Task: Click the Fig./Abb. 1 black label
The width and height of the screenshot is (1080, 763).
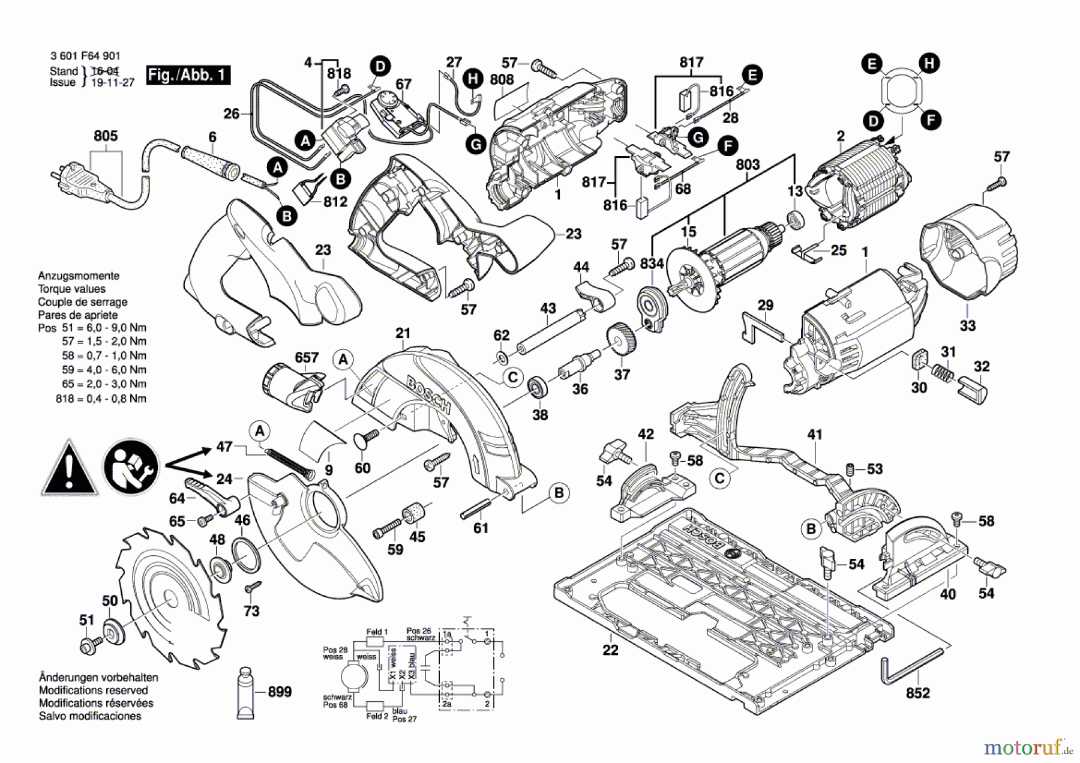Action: pyautogui.click(x=188, y=75)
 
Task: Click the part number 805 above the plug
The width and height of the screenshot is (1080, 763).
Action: pyautogui.click(x=106, y=136)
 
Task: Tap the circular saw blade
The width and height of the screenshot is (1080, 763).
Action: pyautogui.click(x=170, y=597)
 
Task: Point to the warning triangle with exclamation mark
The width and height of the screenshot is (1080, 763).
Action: pyautogui.click(x=70, y=469)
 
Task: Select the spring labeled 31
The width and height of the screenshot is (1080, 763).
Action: pyautogui.click(x=943, y=376)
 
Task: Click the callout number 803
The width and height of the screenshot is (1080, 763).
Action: pyautogui.click(x=748, y=164)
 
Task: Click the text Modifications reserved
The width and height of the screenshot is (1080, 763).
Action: pyautogui.click(x=93, y=690)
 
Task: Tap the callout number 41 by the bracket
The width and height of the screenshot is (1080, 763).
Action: pyautogui.click(x=814, y=434)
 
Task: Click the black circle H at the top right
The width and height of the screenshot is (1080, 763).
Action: pyautogui.click(x=929, y=64)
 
